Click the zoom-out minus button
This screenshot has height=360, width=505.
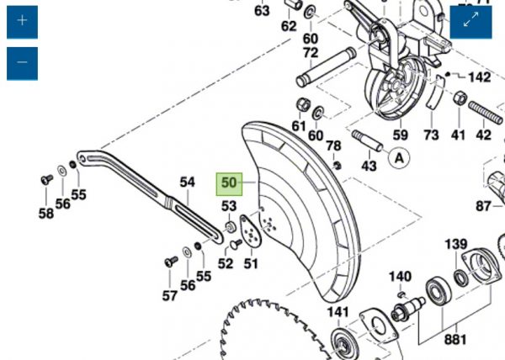22,63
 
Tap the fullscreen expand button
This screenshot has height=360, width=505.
470,22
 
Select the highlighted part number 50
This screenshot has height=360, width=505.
229,183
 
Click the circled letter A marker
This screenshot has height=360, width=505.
399,159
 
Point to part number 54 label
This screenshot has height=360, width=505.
187,182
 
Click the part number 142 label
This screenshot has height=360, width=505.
479,77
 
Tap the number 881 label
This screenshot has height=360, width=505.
455,340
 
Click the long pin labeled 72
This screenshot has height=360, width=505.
326,67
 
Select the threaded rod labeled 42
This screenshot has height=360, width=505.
486,112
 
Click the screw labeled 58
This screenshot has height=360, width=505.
46,179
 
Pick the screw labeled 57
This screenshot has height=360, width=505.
171,261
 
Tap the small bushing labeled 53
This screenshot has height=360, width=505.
230,227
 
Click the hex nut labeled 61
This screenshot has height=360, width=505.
303,104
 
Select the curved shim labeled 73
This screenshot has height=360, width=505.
435,92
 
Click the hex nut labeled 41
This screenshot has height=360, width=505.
460,98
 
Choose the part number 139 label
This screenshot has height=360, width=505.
455,244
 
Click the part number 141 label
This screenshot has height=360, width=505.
338,312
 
